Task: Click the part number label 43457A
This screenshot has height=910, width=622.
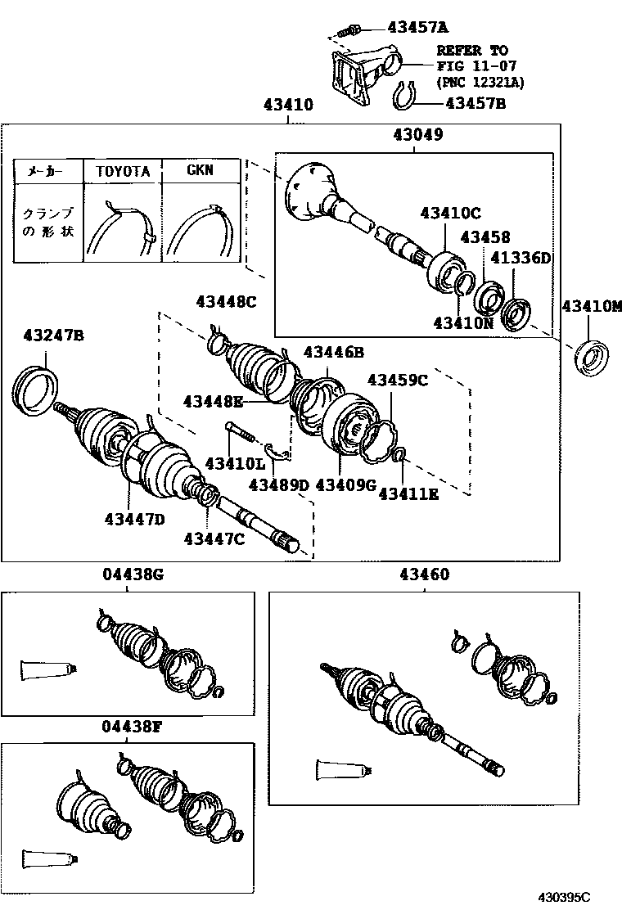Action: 417,27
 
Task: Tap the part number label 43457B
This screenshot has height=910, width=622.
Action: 476,103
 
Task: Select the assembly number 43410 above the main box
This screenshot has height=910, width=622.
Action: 288,105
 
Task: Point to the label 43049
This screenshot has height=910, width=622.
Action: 417,135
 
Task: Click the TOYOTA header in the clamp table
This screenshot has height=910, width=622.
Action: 123,171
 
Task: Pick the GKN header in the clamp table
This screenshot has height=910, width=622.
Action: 201,170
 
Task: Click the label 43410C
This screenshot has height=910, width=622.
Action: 450,213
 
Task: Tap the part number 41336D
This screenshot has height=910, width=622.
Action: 521,258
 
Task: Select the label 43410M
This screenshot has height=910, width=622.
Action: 591,306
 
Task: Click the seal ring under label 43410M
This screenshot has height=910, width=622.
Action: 591,359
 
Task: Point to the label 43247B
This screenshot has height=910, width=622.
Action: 53,336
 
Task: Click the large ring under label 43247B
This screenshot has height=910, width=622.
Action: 35,390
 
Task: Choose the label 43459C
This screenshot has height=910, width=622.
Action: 398,381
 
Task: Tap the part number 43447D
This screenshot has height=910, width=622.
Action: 134,519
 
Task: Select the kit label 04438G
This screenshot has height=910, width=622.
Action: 133,574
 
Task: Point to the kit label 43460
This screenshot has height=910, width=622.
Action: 424,574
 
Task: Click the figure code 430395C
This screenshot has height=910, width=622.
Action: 564,897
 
